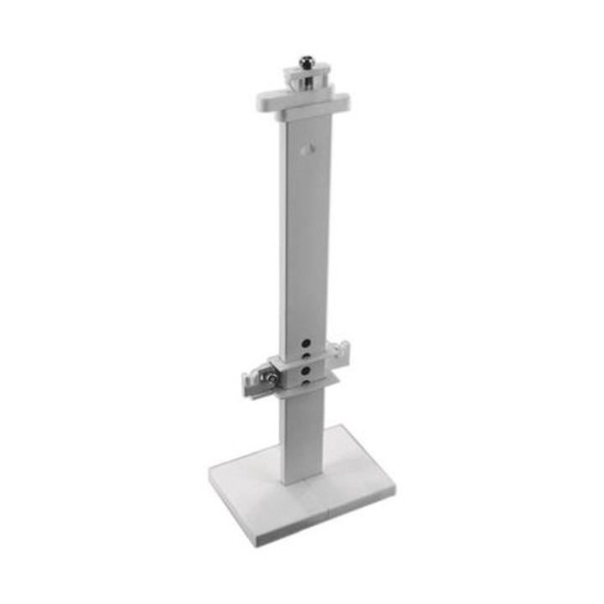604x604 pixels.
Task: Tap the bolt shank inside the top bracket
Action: coord(307,81)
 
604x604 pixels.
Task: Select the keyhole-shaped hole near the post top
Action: coord(305,148)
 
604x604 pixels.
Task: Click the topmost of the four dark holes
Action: coord(308,342)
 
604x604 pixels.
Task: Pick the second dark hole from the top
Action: coord(308,356)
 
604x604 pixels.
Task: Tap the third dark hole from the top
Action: coord(307,369)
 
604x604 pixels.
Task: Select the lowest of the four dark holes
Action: coord(307,383)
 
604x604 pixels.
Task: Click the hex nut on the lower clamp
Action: coord(271,378)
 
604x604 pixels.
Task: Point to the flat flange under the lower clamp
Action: coord(323,383)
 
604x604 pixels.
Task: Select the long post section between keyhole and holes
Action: coord(304,243)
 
